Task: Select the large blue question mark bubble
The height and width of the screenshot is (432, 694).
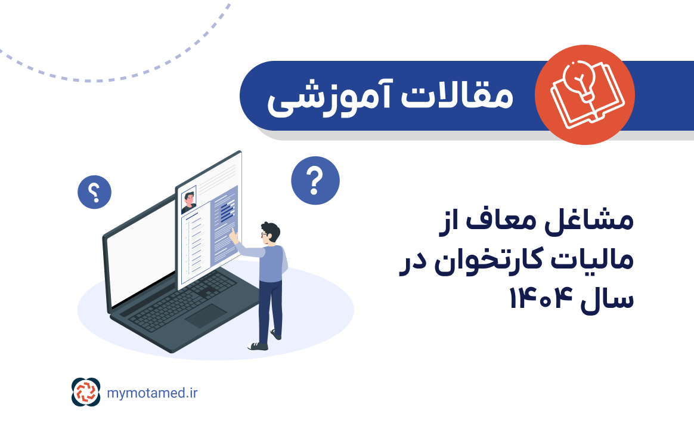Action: click(x=315, y=180)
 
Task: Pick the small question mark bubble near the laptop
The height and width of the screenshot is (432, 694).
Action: click(x=94, y=192)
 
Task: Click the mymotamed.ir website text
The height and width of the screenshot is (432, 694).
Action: click(x=153, y=393)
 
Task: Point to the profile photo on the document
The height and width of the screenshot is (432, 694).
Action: click(x=189, y=200)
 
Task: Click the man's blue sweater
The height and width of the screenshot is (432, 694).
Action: click(x=274, y=263)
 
